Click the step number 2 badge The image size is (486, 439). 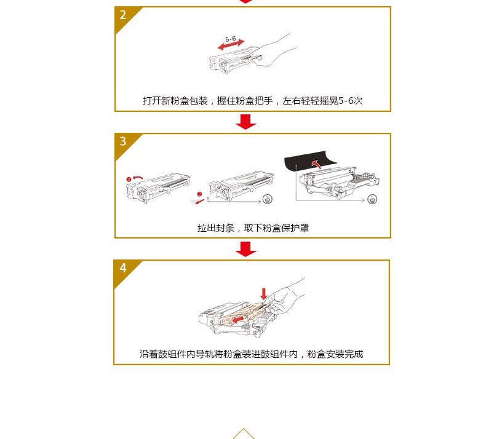click(123, 15)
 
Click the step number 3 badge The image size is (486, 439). click(123, 142)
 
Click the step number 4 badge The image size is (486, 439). click(123, 269)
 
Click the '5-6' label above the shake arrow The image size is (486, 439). click(231, 39)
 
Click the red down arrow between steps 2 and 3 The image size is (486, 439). click(246, 122)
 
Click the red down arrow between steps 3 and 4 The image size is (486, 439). click(246, 248)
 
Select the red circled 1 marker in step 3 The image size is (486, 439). click(129, 179)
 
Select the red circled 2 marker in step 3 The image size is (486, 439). click(199, 194)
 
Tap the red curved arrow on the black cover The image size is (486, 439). click(316, 164)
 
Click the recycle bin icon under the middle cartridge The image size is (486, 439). click(266, 199)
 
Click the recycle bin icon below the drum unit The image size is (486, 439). click(372, 199)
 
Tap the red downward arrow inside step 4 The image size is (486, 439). click(264, 293)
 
